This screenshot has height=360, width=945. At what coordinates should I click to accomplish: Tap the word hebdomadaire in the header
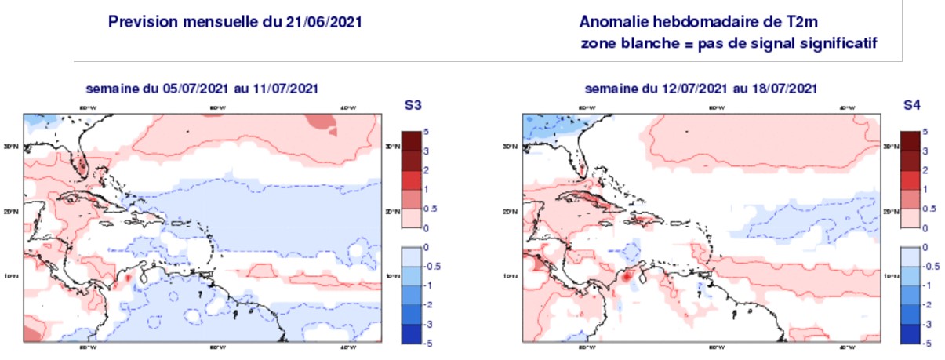(707, 22)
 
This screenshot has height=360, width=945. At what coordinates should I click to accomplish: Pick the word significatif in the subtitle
(836, 43)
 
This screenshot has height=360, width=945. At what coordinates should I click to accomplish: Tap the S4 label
(911, 105)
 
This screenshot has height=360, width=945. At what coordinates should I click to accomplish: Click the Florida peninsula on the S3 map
(80, 161)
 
